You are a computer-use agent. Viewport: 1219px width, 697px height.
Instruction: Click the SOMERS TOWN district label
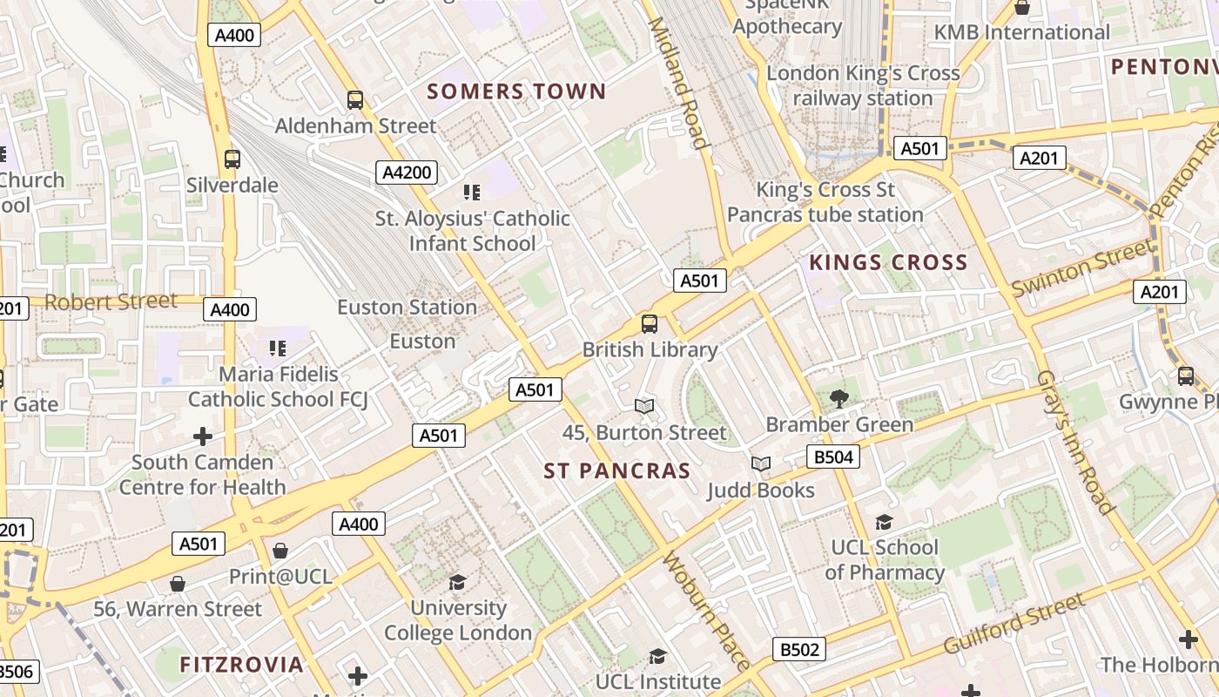coord(515,91)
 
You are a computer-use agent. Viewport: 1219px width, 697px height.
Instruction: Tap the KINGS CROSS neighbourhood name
coord(888,262)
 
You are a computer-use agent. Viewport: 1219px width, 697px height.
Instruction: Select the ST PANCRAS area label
coord(616,471)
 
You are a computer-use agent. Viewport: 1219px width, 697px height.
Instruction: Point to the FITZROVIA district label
coord(241,665)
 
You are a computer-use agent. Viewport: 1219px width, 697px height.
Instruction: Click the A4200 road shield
coord(407,172)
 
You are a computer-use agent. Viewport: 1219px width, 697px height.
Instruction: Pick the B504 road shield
coord(833,457)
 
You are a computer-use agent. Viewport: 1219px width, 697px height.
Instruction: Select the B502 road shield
coord(798,649)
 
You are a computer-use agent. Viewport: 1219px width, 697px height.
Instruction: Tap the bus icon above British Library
coord(649,324)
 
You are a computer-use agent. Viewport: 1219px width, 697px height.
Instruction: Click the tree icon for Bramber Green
coord(838,399)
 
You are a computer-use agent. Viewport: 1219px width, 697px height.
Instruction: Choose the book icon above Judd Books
coord(761,464)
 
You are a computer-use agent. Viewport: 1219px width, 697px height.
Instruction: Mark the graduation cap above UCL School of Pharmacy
coord(884,522)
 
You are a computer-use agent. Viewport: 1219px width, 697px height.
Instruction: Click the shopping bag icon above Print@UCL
coord(279,551)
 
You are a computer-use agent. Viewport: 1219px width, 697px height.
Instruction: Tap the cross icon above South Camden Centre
coord(202,436)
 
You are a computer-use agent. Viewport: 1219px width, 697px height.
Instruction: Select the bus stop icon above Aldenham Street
coord(354,100)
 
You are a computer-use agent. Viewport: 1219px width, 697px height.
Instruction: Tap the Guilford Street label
coord(1014,624)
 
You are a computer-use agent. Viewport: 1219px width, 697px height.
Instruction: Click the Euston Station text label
coord(407,308)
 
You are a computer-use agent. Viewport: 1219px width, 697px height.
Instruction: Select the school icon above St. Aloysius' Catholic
coord(471,193)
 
